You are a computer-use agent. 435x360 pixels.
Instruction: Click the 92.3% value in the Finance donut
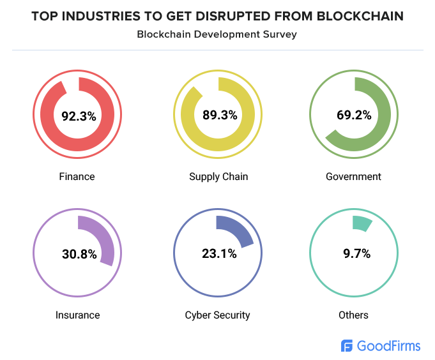click(x=79, y=116)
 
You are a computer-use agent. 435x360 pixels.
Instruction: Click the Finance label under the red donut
click(x=77, y=176)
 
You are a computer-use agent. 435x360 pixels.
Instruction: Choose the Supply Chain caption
click(x=218, y=176)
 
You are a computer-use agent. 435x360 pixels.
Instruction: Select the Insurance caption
click(x=77, y=315)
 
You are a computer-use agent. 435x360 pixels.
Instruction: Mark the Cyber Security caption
click(x=217, y=315)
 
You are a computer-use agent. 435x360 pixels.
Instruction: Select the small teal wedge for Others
click(x=362, y=223)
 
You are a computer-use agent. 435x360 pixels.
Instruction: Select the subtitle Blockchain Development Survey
click(x=217, y=34)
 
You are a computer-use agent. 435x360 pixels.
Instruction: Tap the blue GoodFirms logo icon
click(x=347, y=346)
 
